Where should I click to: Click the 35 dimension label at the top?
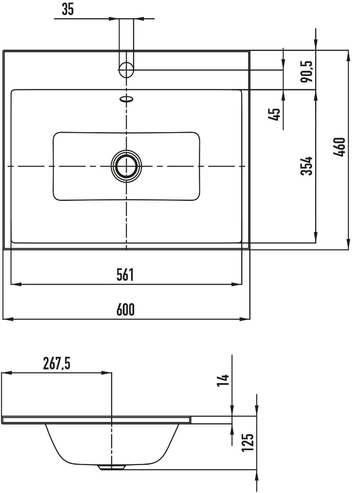tap(68, 9)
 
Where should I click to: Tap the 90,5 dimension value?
tap(307, 72)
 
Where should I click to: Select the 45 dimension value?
tap(274, 114)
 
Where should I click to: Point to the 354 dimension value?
tap(306, 166)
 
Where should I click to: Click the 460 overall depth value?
tap(339, 147)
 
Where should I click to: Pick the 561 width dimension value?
tap(125, 275)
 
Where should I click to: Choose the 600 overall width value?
tap(125, 310)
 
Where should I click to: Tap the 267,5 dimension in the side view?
tap(57, 363)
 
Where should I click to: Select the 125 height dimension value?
tap(248, 443)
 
